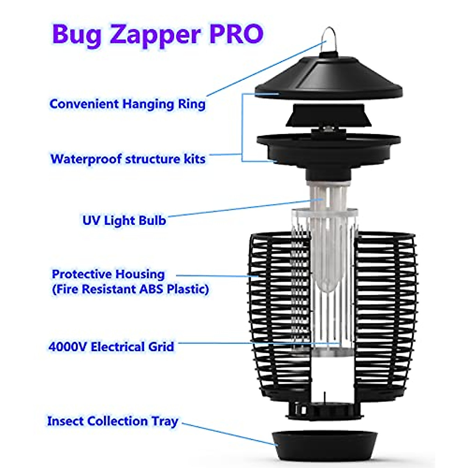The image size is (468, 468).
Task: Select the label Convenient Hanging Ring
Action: point(127,104)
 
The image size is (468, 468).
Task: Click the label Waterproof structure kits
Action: point(128,159)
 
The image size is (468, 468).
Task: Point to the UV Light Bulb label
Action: point(124,220)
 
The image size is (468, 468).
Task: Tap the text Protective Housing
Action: point(108,274)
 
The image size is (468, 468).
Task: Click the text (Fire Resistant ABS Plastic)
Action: point(130,289)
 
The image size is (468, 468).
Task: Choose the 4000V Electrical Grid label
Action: point(111,347)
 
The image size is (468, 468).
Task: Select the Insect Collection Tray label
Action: point(112,421)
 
